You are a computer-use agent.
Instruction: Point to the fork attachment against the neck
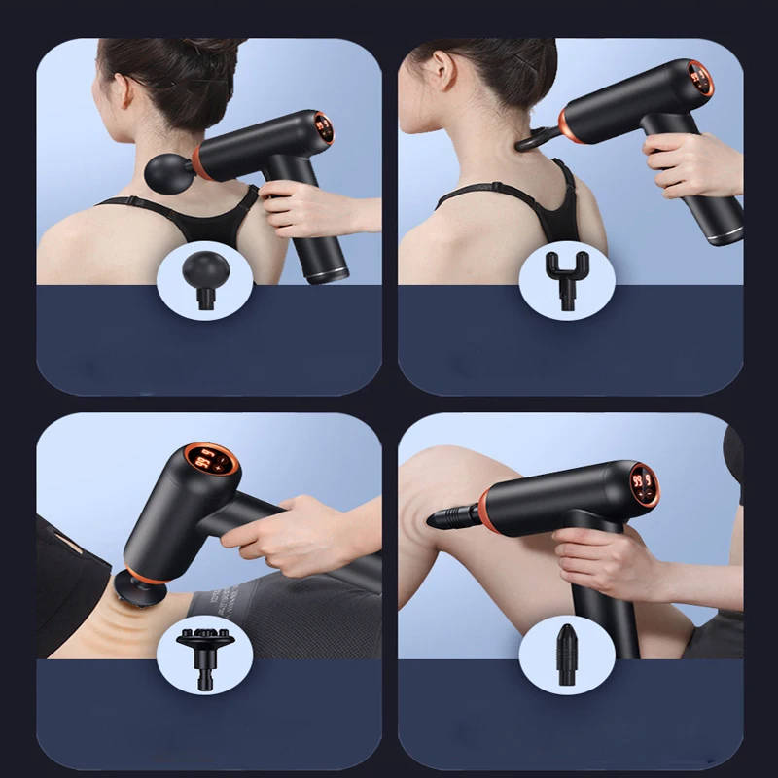(x=534, y=137)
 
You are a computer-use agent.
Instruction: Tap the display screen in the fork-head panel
(x=699, y=77)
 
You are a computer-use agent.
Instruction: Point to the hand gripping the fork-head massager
(x=690, y=160)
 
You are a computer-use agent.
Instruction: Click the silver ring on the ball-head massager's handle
(x=327, y=274)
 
